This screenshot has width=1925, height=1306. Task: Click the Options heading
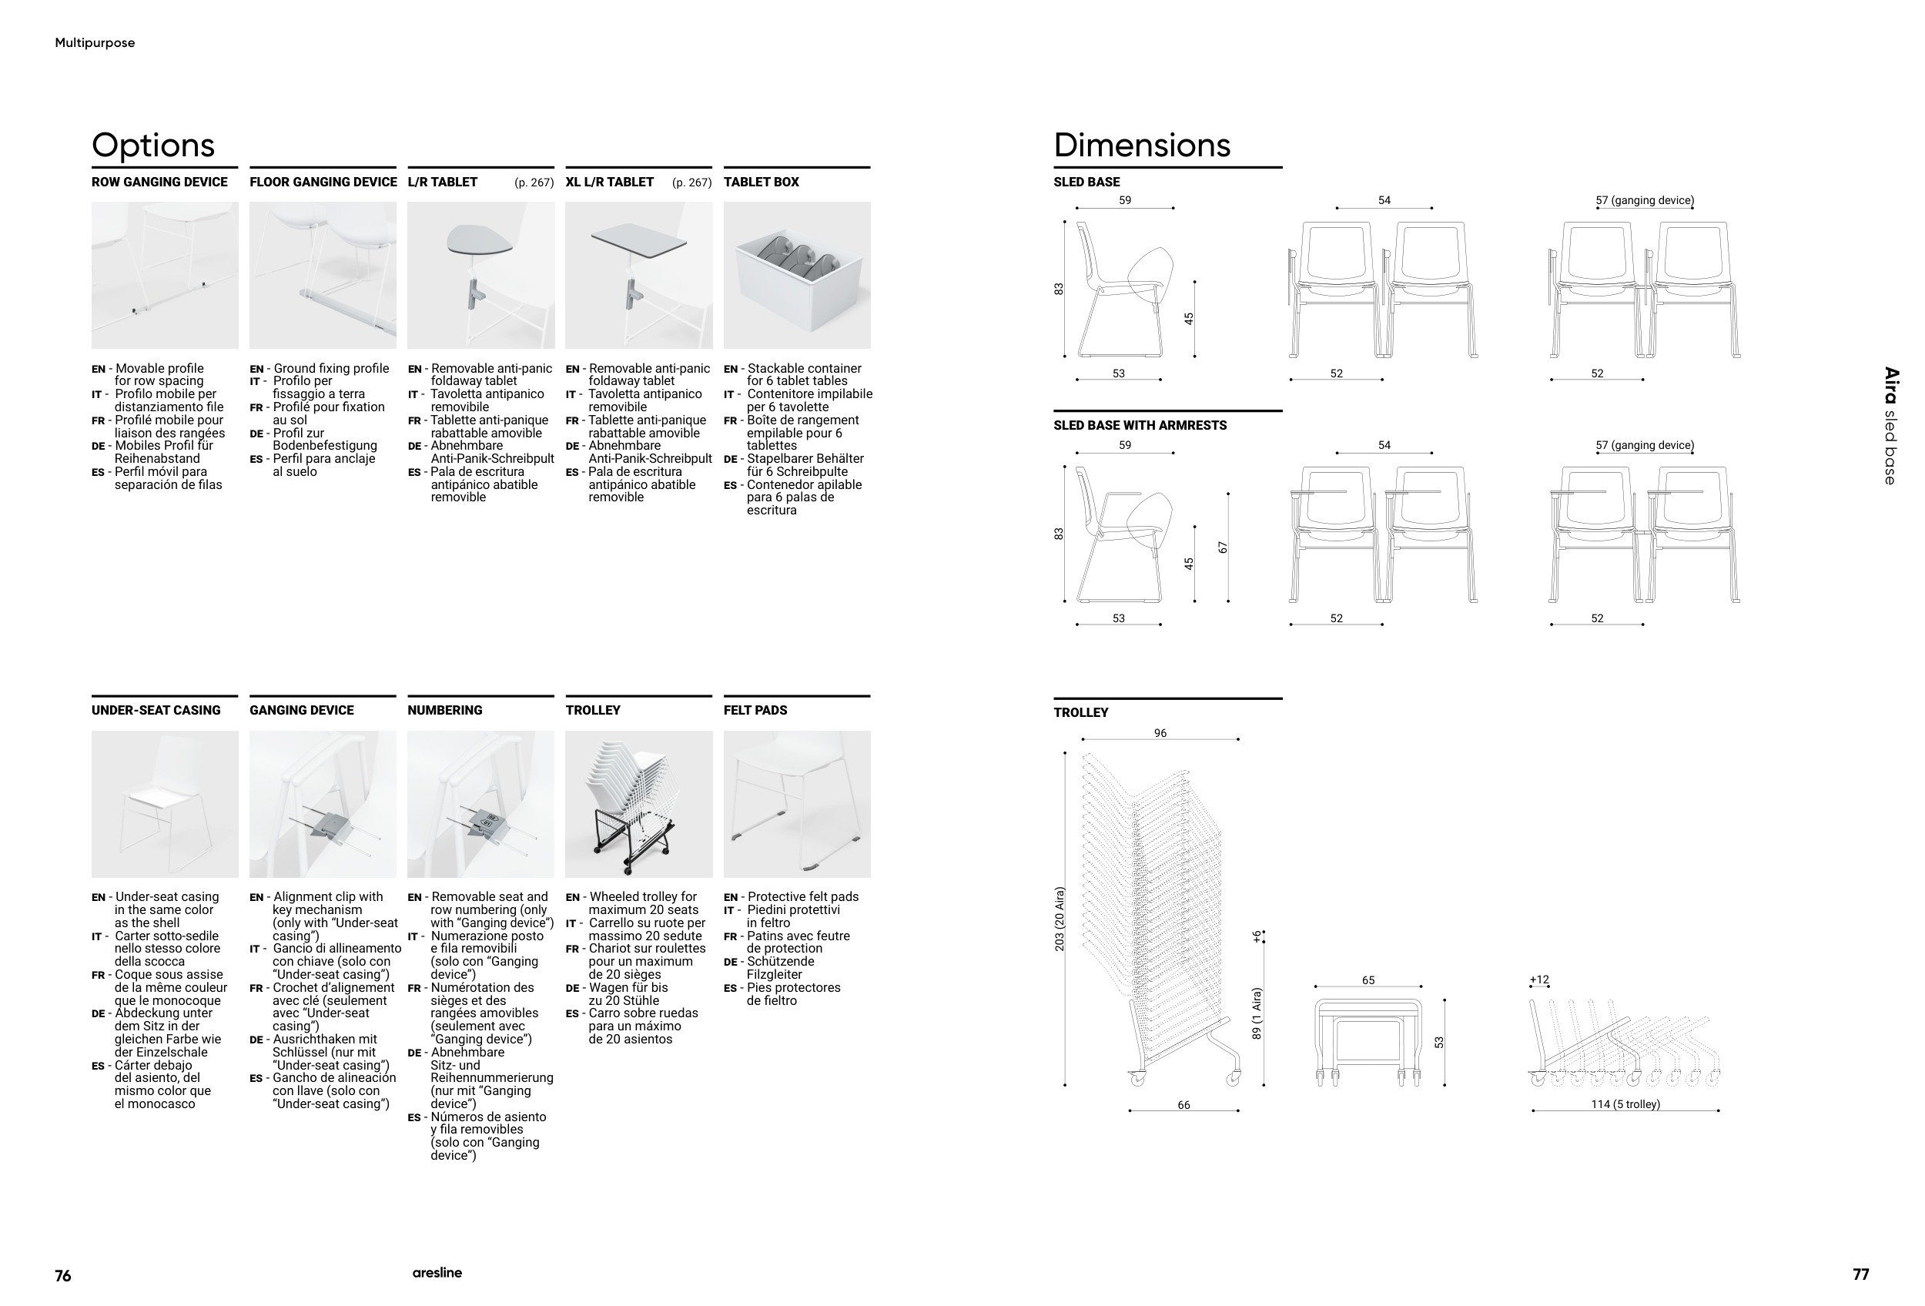[x=153, y=145]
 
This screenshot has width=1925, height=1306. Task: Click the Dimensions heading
[x=1141, y=145]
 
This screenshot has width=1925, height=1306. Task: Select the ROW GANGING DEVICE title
[x=159, y=183]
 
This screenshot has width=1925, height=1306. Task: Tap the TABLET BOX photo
[x=797, y=275]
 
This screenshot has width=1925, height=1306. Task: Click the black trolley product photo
[x=638, y=803]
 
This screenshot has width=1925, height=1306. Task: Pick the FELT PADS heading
[x=755, y=711]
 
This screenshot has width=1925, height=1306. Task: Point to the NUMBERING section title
[x=445, y=711]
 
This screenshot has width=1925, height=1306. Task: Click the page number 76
[x=63, y=1275]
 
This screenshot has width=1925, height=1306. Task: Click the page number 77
[x=1860, y=1274]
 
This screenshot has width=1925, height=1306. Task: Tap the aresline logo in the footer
[x=437, y=1273]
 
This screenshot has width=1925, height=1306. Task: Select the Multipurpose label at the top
[x=95, y=43]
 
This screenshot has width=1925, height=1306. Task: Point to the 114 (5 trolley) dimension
[x=1625, y=1104]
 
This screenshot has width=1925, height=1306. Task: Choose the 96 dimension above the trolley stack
[x=1160, y=733]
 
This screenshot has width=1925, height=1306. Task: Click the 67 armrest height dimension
[x=1223, y=548]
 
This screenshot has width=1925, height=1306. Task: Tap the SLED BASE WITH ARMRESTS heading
[x=1140, y=426]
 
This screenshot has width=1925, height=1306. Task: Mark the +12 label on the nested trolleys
[x=1539, y=979]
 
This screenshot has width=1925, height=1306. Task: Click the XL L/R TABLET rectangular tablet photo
[x=638, y=275]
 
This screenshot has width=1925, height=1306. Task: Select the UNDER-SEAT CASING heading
[x=156, y=711]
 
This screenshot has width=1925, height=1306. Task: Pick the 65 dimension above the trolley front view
[x=1368, y=980]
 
